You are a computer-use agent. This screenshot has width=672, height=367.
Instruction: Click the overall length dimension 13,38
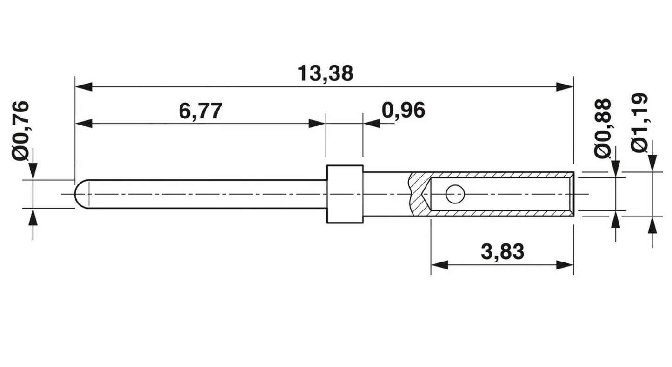(325, 73)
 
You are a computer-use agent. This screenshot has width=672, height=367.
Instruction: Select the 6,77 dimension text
(201, 111)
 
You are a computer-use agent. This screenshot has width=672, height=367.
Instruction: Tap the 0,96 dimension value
(403, 110)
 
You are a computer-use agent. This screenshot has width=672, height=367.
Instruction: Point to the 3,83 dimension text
(503, 252)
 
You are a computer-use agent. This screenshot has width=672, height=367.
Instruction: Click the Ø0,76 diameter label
(21, 131)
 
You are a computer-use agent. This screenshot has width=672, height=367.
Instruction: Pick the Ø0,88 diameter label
(602, 128)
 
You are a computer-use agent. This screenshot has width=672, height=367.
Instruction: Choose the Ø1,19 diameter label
(639, 123)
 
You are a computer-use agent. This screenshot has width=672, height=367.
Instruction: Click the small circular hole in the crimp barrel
(455, 194)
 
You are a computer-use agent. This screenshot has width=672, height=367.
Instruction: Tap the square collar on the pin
(345, 194)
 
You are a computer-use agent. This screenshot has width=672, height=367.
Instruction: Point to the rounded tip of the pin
(79, 194)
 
